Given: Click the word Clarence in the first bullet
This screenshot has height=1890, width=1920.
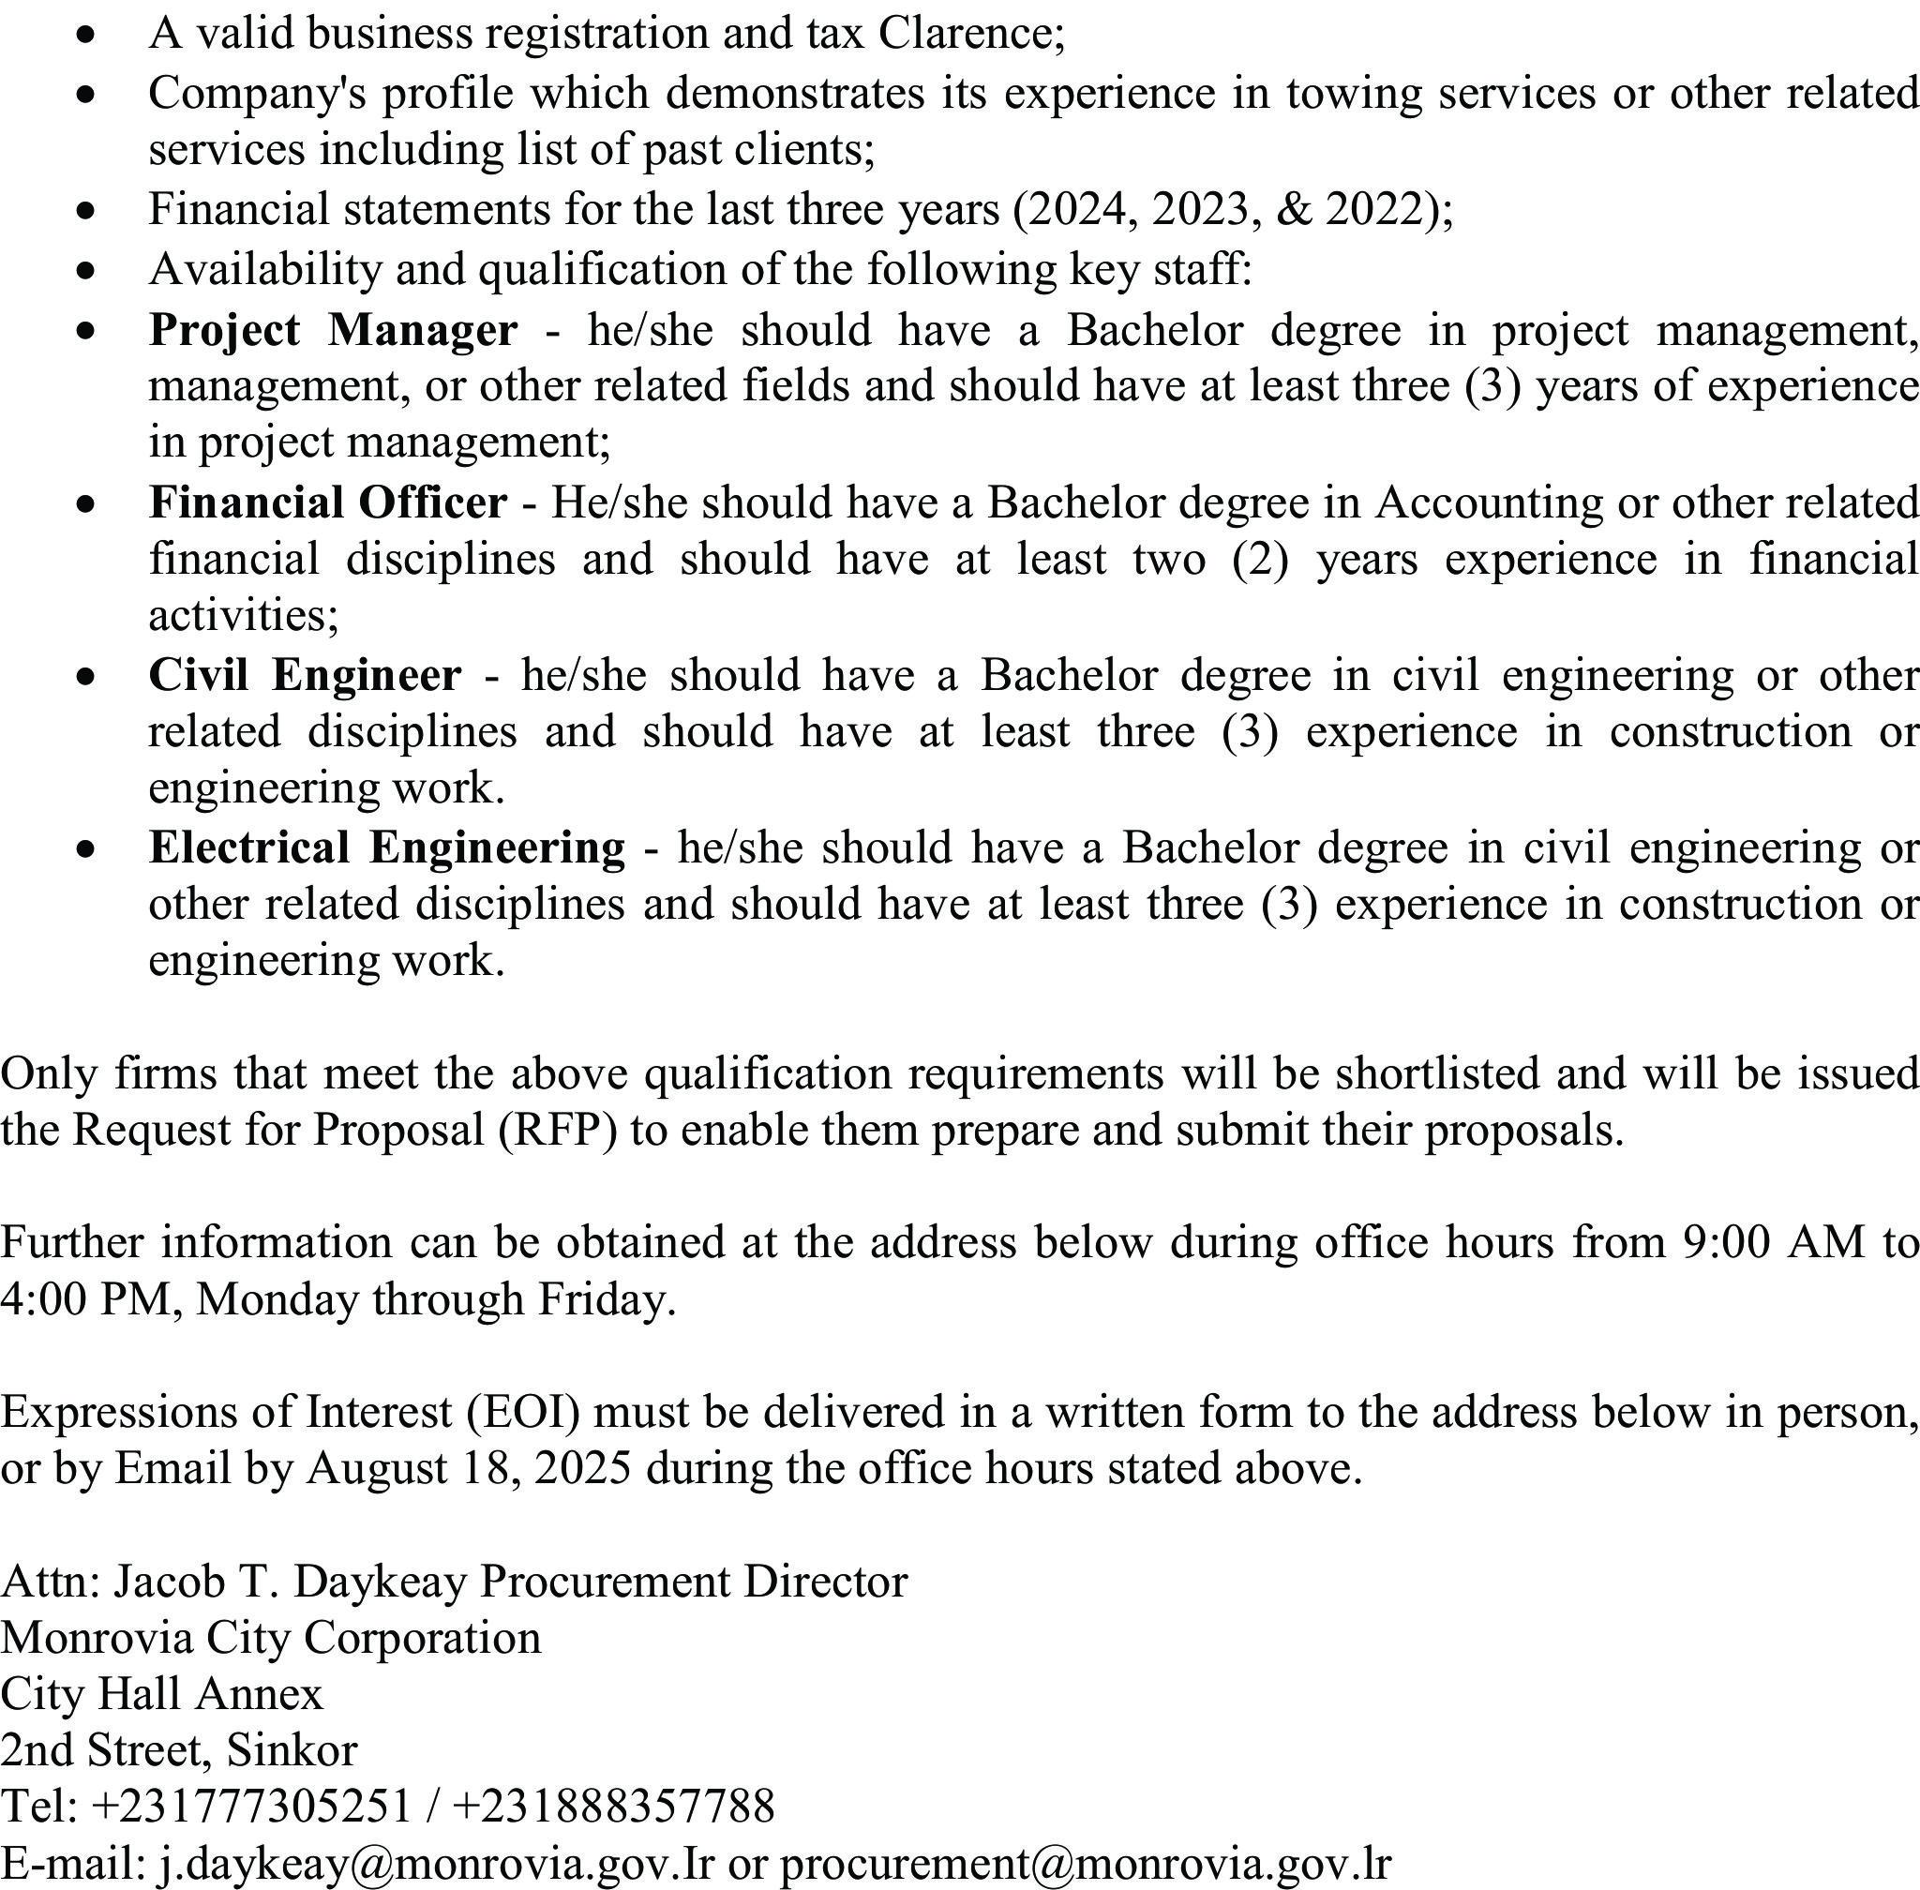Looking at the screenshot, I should pos(970,34).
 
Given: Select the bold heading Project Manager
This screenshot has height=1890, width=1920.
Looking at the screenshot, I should pos(333,331).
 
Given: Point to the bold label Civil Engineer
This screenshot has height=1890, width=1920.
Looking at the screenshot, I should pos(305,676).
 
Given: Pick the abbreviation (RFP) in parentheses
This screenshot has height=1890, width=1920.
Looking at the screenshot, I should pos(557,1131).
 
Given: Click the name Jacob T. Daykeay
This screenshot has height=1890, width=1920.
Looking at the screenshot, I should pos(289,1582).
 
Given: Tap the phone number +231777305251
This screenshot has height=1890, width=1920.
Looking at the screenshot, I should pos(250,1807).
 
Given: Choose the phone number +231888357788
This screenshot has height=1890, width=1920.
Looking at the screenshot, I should pos(612,1807).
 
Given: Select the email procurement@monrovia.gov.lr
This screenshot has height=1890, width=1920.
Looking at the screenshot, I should pos(1084,1864).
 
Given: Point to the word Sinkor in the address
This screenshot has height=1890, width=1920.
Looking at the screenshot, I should pos(291,1751).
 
